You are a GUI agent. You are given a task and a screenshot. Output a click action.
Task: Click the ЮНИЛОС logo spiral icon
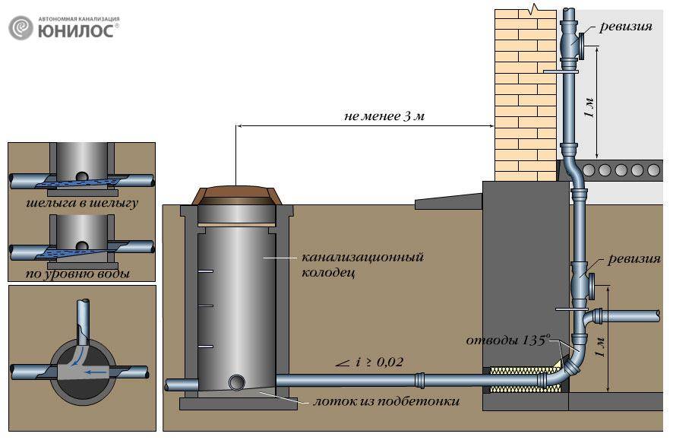[x=21, y=28]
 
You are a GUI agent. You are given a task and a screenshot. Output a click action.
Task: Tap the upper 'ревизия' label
[x=625, y=27]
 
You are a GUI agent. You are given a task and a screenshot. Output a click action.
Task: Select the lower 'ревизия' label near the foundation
[x=634, y=259]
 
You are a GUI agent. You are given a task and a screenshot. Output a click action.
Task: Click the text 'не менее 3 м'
[x=384, y=116]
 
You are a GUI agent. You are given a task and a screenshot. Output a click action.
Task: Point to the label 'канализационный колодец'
[x=362, y=264]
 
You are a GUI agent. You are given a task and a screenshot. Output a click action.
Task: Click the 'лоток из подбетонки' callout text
[x=387, y=401]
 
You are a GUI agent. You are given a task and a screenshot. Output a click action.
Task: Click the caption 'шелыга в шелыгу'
[x=82, y=203]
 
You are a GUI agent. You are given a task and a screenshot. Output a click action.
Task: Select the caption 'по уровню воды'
[x=77, y=274]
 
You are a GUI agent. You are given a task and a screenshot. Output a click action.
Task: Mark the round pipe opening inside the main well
[x=236, y=381]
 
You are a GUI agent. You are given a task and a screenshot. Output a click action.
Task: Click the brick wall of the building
[x=526, y=95]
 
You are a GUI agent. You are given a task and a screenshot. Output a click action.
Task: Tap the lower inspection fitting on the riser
[x=582, y=281]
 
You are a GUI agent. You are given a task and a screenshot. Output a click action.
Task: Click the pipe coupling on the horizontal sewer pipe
[x=420, y=380]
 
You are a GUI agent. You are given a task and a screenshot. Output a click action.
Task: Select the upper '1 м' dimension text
[x=589, y=108]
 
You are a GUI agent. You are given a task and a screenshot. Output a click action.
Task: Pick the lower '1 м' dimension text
[x=601, y=347]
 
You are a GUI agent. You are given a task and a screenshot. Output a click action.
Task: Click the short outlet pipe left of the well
[x=176, y=385]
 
